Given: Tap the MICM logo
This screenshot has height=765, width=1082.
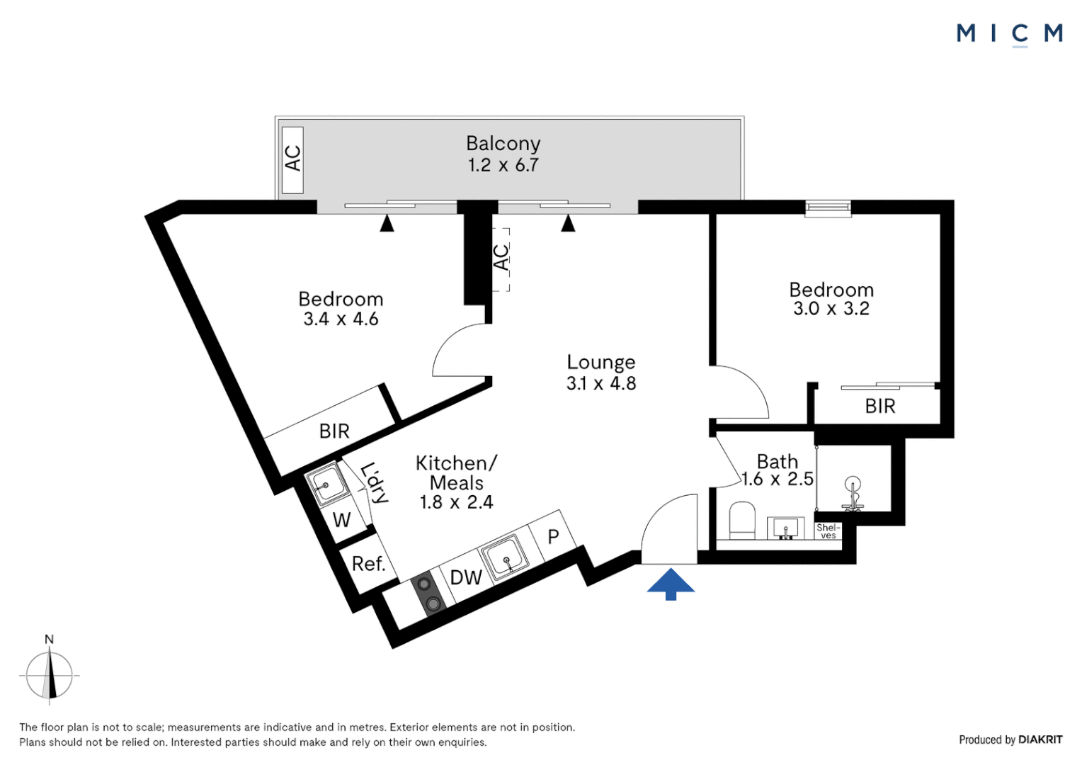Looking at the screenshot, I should [1009, 33].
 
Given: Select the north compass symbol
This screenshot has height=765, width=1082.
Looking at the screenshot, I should [50, 674].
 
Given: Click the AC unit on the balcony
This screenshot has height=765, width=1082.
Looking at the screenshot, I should [292, 159].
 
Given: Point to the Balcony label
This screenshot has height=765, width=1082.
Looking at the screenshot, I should [503, 144].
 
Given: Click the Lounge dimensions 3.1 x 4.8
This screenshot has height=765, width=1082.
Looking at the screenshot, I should [601, 383].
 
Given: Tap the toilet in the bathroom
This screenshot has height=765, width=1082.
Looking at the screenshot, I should [742, 520].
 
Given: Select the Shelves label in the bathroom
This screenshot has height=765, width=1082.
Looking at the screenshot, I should [828, 531].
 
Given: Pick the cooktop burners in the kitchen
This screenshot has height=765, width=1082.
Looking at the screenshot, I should [428, 594].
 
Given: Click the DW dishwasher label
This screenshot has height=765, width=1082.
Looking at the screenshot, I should [466, 577].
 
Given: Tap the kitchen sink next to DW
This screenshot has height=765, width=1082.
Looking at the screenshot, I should [504, 557].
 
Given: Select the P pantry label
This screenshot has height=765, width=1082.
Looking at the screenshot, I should [554, 537].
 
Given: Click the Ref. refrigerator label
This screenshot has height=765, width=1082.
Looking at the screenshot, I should [368, 564].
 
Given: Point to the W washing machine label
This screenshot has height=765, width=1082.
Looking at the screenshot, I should [341, 520].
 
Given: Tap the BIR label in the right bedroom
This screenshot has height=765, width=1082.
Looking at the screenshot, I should [880, 406].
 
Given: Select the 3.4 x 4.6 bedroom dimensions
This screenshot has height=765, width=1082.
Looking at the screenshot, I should [341, 319].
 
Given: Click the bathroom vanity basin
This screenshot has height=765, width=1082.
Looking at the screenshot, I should [785, 528].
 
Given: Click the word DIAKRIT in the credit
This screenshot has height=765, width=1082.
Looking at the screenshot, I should [1040, 739].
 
